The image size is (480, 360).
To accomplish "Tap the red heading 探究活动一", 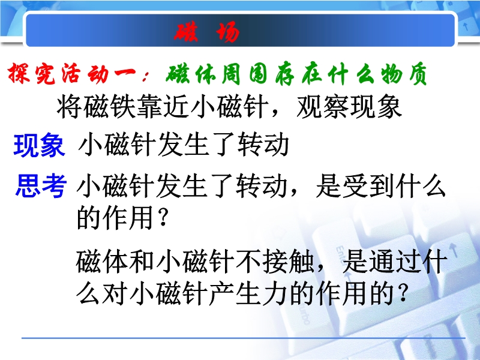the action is pyautogui.click(x=72, y=73).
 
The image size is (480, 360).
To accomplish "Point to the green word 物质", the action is pyautogui.click(x=404, y=74).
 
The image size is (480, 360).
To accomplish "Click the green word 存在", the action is pyautogui.click(x=298, y=74).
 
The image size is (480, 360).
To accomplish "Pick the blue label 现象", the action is pyautogui.click(x=40, y=145).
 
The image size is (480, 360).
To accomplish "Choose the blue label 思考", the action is pyautogui.click(x=41, y=185).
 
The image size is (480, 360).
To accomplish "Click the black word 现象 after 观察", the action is pyautogui.click(x=376, y=107).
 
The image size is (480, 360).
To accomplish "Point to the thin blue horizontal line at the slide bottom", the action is pyautogui.click(x=244, y=338).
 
